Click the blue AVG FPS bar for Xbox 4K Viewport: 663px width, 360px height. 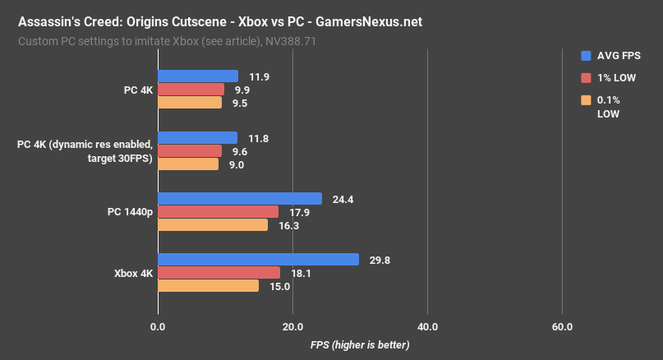[258, 260]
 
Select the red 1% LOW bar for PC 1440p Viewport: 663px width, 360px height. [218, 212]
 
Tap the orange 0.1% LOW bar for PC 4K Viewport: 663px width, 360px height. [190, 103]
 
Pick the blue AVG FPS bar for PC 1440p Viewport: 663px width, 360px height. [239, 199]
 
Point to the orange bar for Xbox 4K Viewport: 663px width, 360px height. [208, 286]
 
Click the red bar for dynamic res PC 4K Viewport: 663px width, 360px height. [190, 151]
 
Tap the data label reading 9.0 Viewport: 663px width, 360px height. [237, 164]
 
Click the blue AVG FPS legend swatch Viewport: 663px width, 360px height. [586, 56]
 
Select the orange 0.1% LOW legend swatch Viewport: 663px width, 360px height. [586, 100]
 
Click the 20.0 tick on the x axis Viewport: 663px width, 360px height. [292, 328]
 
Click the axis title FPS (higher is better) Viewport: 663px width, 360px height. [360, 345]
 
